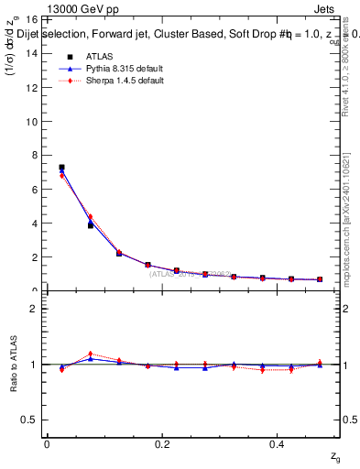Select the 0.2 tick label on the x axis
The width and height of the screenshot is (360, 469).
[162, 443]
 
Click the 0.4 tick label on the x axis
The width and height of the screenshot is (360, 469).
[278, 443]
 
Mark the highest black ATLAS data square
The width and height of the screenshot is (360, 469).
[61, 168]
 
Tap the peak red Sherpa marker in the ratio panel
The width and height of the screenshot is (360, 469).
[90, 354]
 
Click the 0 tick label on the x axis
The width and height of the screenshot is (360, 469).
[46, 443]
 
